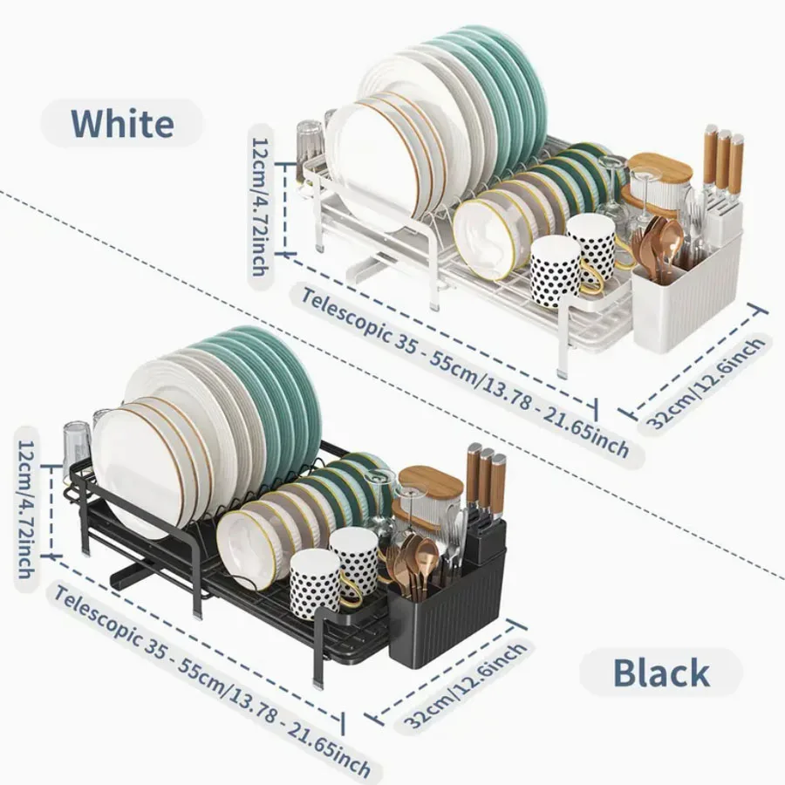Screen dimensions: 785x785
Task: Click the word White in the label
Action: (x=123, y=123)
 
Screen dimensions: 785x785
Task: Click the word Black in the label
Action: (x=661, y=672)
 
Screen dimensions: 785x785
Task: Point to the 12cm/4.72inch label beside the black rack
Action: (x=26, y=509)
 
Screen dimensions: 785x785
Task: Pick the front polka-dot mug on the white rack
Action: (x=555, y=273)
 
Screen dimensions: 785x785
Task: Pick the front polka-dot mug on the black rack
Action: (x=316, y=584)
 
